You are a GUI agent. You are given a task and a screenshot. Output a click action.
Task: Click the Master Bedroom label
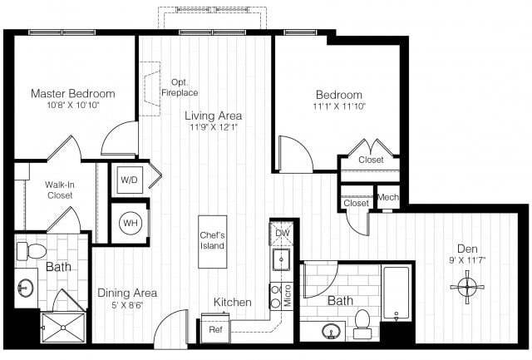(73, 93)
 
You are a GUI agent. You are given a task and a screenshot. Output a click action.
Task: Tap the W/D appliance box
(129, 179)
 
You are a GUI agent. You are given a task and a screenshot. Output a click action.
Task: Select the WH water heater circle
(130, 222)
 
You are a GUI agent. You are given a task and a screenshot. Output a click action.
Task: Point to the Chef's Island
(213, 241)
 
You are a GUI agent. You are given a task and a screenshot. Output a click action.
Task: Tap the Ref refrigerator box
(215, 329)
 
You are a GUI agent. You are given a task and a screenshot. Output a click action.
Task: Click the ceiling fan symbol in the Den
(467, 287)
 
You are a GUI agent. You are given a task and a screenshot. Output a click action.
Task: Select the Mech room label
(388, 197)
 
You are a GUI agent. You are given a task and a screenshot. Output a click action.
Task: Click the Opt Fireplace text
(185, 87)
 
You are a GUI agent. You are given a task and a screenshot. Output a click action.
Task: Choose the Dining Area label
(127, 293)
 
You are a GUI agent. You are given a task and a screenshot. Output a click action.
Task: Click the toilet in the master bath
(34, 249)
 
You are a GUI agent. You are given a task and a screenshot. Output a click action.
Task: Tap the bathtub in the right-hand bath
(396, 293)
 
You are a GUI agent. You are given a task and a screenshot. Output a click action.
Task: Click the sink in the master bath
(23, 288)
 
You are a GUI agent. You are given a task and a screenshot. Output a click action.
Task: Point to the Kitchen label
(232, 302)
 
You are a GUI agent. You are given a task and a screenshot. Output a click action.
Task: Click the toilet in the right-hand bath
(362, 323)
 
